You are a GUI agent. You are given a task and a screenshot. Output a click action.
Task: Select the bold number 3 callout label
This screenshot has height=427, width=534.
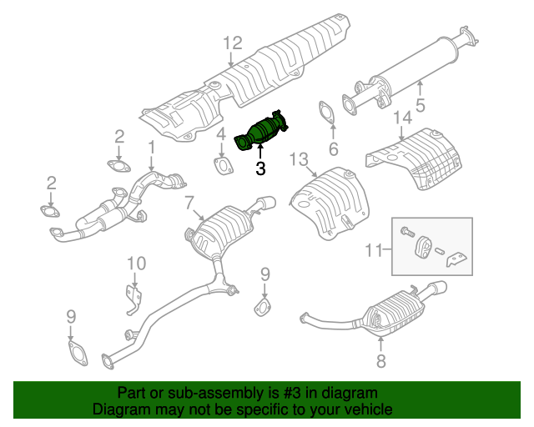[x=260, y=169]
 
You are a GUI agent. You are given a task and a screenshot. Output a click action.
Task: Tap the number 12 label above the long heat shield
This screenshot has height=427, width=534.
[x=232, y=43]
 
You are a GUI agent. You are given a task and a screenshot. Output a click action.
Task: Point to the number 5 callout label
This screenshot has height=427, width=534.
[x=421, y=106]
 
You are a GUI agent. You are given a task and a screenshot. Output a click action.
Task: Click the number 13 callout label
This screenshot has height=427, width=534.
[x=300, y=158]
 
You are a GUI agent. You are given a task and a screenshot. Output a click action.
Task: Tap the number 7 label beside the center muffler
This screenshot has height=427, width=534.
[x=189, y=202]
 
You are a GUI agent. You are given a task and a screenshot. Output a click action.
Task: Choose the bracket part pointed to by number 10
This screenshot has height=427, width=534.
[x=131, y=299]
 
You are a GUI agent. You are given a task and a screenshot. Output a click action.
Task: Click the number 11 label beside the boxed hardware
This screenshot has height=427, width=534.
[x=376, y=249]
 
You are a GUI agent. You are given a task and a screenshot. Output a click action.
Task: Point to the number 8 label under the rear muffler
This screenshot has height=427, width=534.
[x=381, y=362]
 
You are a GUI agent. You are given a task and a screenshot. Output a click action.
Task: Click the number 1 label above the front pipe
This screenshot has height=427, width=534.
[x=152, y=148]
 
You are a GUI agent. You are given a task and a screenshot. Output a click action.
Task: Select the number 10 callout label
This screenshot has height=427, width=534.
[x=136, y=264]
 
